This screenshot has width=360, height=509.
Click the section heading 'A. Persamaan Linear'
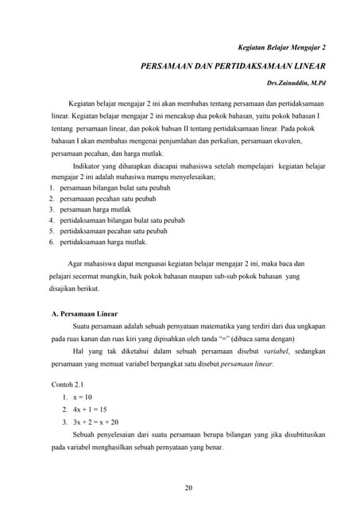pos(85,314)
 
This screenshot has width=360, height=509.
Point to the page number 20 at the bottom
pos(188,488)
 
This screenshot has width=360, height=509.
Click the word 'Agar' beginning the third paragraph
pos(76,262)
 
